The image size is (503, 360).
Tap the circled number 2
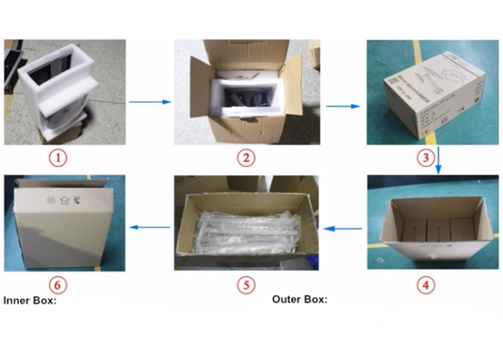(245, 159)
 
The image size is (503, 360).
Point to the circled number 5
(245, 284)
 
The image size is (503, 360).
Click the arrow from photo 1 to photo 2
(150, 101)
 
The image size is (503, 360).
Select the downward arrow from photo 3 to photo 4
(438, 158)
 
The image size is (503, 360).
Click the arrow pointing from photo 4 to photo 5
(342, 228)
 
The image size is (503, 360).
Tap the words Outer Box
(299, 299)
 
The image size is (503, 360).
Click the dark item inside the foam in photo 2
(249, 97)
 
